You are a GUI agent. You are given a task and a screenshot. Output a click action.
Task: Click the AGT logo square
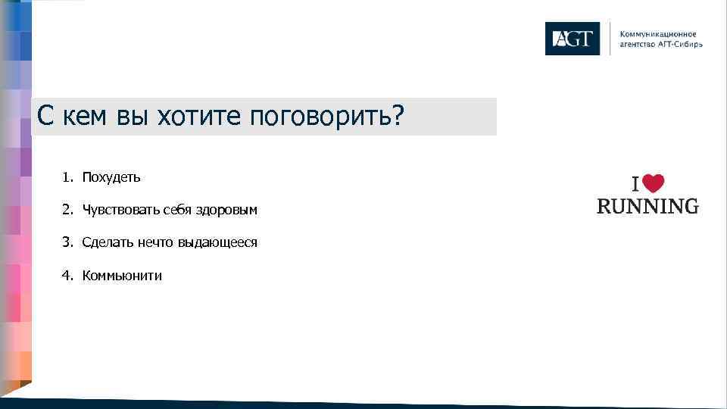tap(572, 39)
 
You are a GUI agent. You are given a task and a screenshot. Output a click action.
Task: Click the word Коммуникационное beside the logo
tap(658, 34)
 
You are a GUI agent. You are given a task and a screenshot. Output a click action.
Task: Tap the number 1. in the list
tap(67, 177)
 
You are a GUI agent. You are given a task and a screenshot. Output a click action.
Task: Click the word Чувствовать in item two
tap(120, 210)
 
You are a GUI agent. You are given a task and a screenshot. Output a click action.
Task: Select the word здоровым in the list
tap(226, 210)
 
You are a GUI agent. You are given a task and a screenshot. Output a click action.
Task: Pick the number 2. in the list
tap(67, 210)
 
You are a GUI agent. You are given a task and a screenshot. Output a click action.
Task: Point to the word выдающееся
tap(217, 242)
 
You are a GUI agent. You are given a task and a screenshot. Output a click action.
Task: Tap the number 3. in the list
tap(67, 242)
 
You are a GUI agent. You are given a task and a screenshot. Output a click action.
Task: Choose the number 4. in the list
tap(67, 276)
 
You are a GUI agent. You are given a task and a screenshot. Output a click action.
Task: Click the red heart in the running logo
tap(654, 184)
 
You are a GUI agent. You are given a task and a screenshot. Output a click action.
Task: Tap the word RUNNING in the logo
tap(647, 206)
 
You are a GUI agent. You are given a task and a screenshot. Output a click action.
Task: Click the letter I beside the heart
tap(637, 184)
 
